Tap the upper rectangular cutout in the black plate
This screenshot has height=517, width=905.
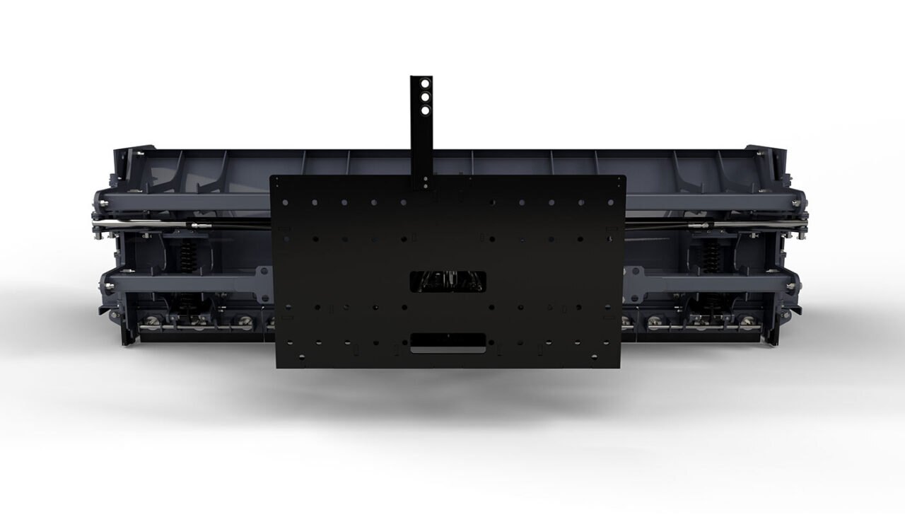pos(448,281)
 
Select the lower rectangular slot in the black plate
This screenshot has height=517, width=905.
pos(448,342)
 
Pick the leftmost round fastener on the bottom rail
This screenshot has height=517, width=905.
pos(150,322)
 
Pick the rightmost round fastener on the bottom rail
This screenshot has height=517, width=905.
pos(747,321)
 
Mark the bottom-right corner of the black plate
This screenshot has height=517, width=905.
pos(621,367)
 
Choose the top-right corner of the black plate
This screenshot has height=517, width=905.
pos(625,176)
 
